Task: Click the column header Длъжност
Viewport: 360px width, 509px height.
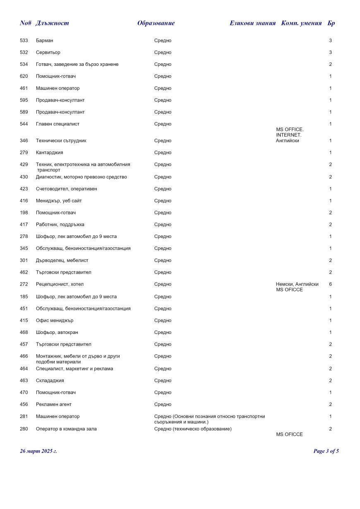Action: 52,23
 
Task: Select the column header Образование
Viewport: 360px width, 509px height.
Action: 156,23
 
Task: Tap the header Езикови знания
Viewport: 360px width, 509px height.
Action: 252,23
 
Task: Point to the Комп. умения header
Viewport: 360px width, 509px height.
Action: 301,23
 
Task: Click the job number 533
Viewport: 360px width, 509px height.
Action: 24,41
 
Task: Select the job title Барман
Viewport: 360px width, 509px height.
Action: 45,41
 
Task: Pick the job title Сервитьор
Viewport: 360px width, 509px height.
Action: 48,53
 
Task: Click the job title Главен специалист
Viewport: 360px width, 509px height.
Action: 58,124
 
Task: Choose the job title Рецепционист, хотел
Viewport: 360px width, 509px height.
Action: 60,284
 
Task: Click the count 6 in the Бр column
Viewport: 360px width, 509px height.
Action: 330,284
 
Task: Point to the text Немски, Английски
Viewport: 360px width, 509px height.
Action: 297,284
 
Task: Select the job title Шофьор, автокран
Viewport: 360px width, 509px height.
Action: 57,332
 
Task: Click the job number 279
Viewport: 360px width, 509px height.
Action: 24,153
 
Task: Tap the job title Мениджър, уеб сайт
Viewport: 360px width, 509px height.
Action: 59,201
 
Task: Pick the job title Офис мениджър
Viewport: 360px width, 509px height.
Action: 55,320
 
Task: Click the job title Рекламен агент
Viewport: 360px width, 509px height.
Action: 54,404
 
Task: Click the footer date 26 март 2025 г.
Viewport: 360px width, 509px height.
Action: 38,451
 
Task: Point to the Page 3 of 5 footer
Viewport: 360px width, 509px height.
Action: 326,451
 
